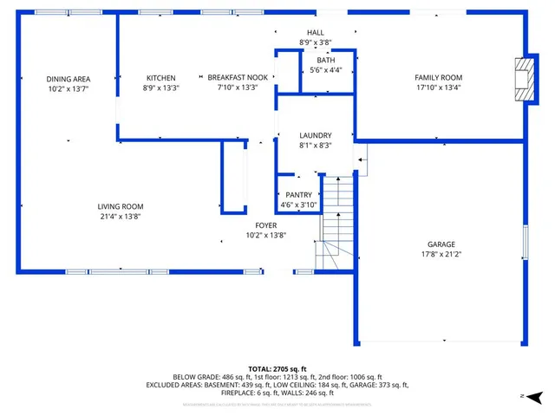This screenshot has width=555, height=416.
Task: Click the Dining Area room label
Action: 69,79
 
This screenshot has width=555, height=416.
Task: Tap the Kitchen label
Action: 160,78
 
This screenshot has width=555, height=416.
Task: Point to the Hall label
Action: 316,32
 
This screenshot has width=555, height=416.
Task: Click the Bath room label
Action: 325,60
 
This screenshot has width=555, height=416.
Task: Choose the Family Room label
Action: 438,78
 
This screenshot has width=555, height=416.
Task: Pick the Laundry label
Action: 316,136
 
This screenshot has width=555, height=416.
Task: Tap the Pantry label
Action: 298,195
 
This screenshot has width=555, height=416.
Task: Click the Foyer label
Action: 265,225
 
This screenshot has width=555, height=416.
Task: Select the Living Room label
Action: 121,206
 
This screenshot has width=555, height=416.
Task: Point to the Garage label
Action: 441,244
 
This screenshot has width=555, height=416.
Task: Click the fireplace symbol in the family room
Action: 522,68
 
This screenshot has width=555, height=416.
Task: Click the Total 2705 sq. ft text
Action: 277,368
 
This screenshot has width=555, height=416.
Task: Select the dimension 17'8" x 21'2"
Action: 441,255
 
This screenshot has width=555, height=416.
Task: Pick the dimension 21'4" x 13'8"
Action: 121,217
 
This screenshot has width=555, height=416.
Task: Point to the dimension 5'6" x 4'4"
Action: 325,70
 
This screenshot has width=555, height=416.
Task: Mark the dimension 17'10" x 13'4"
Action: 438,88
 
